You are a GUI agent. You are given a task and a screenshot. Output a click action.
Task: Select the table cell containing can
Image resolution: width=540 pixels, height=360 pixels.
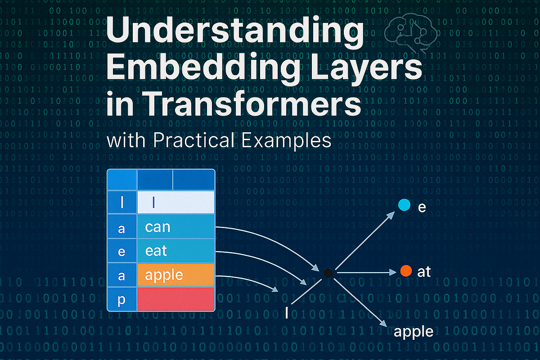click(175, 226)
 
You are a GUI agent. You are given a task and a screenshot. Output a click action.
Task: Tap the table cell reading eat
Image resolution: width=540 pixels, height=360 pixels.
click(175, 251)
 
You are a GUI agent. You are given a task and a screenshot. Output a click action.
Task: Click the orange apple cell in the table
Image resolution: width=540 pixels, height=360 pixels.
click(175, 275)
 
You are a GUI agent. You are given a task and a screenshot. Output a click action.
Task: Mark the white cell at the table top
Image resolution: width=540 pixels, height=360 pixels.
click(175, 202)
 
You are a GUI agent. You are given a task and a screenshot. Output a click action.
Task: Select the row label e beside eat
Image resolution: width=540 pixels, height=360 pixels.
click(121, 251)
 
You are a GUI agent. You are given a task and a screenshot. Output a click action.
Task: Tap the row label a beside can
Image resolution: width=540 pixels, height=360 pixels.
click(121, 228)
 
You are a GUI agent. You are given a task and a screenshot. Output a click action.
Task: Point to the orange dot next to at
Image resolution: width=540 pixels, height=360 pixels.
click(406, 271)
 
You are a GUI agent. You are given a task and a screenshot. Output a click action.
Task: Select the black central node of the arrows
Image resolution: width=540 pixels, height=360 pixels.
click(328, 272)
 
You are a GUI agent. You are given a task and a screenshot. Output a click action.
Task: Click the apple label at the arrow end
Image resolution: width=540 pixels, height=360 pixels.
click(413, 332)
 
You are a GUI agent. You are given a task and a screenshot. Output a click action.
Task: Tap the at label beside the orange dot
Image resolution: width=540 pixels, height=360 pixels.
click(424, 271)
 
